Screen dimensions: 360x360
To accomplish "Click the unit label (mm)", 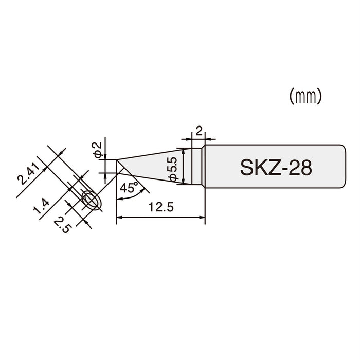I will click(305, 96).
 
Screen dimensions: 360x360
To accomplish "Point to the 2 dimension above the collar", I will click(198, 132).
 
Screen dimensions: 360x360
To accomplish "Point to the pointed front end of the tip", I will click(117, 160).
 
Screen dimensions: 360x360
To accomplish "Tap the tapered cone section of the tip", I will click(154, 166).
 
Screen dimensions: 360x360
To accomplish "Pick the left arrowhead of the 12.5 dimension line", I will click(120, 219).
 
